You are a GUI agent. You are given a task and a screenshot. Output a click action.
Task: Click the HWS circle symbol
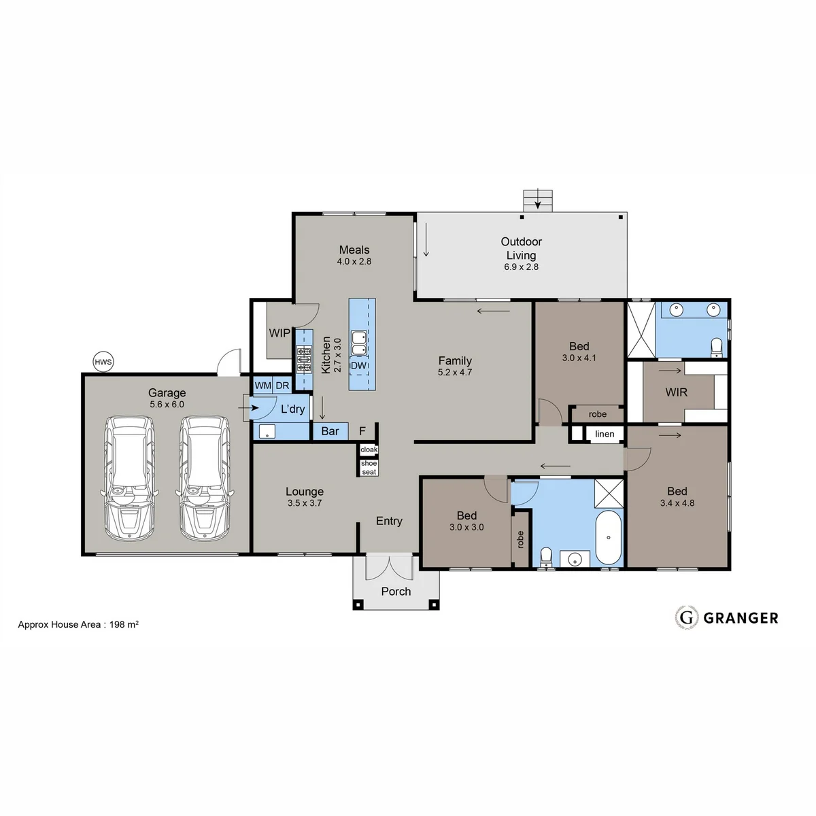(103, 362)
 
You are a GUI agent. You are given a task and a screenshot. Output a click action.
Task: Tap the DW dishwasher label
(358, 365)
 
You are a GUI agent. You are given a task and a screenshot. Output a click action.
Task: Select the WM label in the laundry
(263, 386)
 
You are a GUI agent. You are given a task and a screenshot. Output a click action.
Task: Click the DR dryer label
(282, 386)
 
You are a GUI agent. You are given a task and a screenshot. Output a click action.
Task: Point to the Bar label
(330, 431)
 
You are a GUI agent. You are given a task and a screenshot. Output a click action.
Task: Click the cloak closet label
(369, 449)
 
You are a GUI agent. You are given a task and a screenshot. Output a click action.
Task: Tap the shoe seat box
(369, 467)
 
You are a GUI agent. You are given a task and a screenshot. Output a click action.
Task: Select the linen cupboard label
(605, 434)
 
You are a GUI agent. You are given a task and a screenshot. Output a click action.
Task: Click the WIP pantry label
(279, 333)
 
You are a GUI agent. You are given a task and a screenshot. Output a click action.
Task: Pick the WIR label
(676, 392)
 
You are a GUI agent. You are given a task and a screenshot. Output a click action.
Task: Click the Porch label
(396, 592)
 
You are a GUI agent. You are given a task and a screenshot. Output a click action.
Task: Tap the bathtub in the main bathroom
(609, 538)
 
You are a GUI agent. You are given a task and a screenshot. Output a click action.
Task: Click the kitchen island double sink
(359, 343)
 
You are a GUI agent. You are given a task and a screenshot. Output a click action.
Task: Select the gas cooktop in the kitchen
(303, 360)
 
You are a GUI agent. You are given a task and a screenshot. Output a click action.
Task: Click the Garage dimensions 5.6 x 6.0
(167, 405)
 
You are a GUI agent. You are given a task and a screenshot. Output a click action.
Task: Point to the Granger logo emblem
(686, 618)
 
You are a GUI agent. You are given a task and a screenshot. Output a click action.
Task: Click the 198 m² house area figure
(124, 624)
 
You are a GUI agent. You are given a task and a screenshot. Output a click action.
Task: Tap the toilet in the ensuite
(716, 347)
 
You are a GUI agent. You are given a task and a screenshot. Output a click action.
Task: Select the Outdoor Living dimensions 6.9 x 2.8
(522, 267)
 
